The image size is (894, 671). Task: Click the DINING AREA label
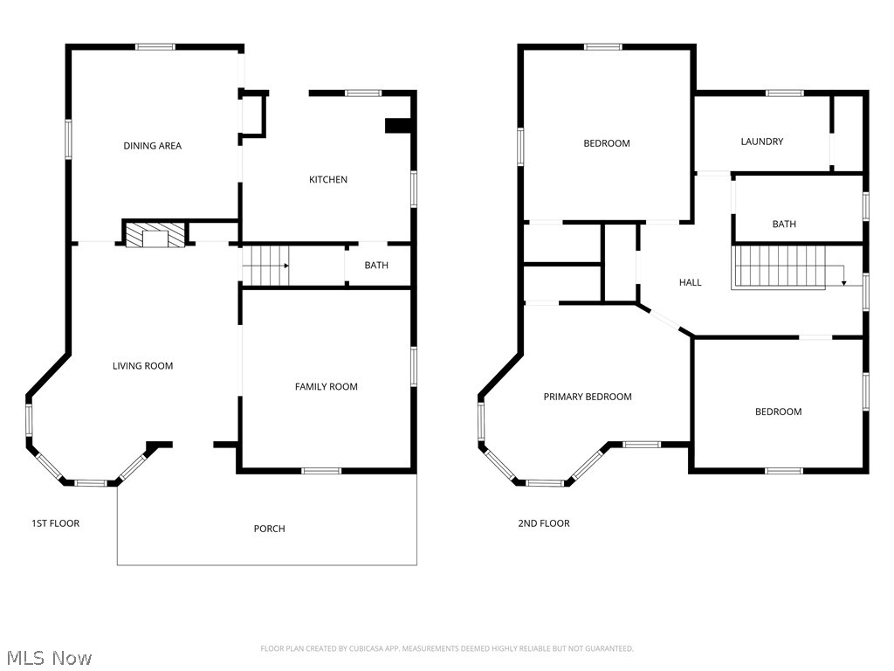pos(152,146)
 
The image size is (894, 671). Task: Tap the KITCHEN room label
pos(328,180)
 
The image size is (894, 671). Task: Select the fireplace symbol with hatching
pos(155,234)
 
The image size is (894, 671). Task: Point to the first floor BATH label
pos(376,266)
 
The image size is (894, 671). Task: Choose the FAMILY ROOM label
pos(326,387)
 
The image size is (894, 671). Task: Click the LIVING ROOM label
pos(142,366)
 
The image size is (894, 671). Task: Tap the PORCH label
pos(269,529)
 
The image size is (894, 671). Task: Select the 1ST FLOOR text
pos(56,523)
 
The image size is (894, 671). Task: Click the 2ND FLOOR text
pos(543,523)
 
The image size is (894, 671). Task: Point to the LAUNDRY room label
pos(761,142)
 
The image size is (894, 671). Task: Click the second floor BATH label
pos(784,225)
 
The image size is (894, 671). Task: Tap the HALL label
pos(690,282)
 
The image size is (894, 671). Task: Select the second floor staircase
pos(779,266)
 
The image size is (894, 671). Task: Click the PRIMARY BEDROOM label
pos(587,397)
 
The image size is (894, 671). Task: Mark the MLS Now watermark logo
pos(48,657)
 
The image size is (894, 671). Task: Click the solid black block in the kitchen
pos(397,126)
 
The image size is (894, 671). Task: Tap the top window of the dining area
pos(155,46)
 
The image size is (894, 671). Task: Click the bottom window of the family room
pos(321,471)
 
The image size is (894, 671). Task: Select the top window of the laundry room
pos(784,92)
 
